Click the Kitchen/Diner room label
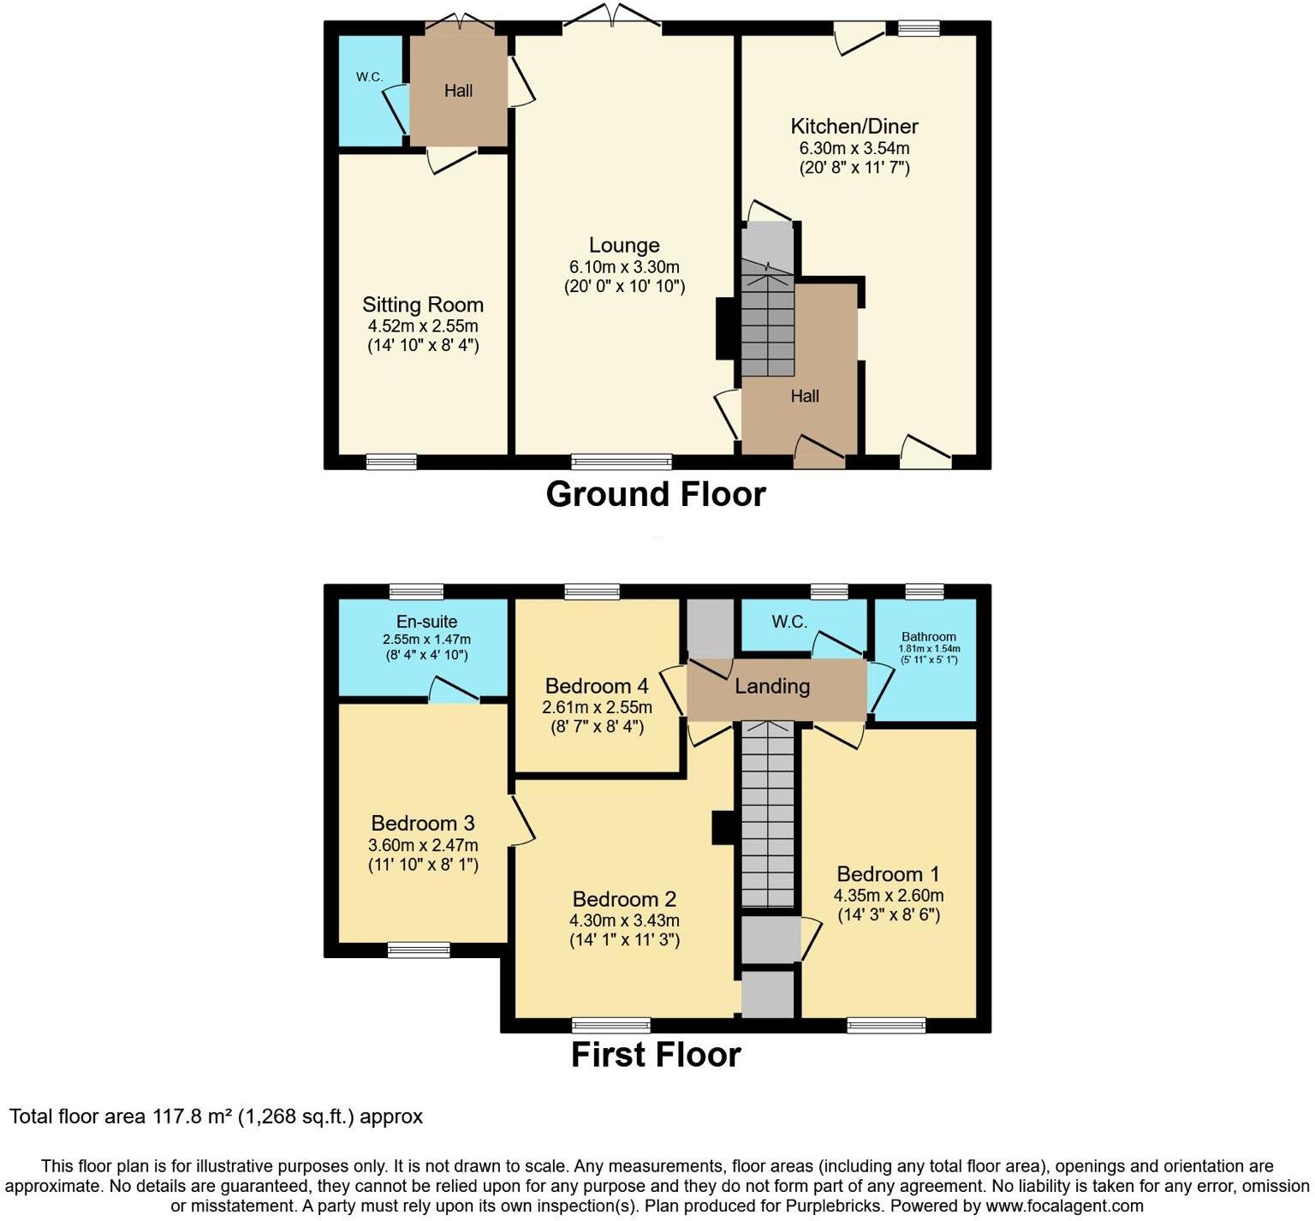[854, 127]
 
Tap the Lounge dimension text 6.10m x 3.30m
[624, 267]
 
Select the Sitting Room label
[422, 305]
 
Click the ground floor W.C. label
[369, 77]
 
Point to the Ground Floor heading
[656, 494]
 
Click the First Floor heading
[656, 1055]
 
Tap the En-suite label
[426, 622]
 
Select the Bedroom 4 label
[597, 686]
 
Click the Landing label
[771, 686]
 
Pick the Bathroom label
[928, 637]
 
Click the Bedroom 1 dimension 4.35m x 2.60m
[889, 896]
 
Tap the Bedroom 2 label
[624, 899]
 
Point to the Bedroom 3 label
[423, 823]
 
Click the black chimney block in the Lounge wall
[724, 328]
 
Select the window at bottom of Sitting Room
[391, 462]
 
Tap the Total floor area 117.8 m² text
[216, 1117]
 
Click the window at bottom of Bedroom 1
[886, 1025]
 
